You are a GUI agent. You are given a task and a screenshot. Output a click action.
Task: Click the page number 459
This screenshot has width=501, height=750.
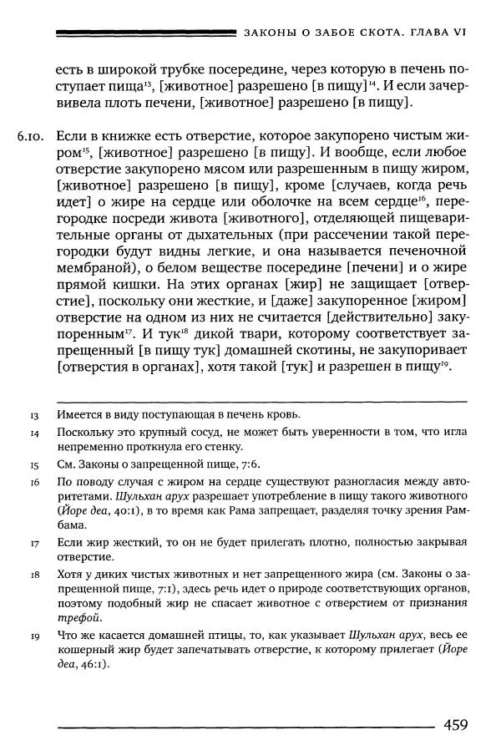[461, 723]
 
